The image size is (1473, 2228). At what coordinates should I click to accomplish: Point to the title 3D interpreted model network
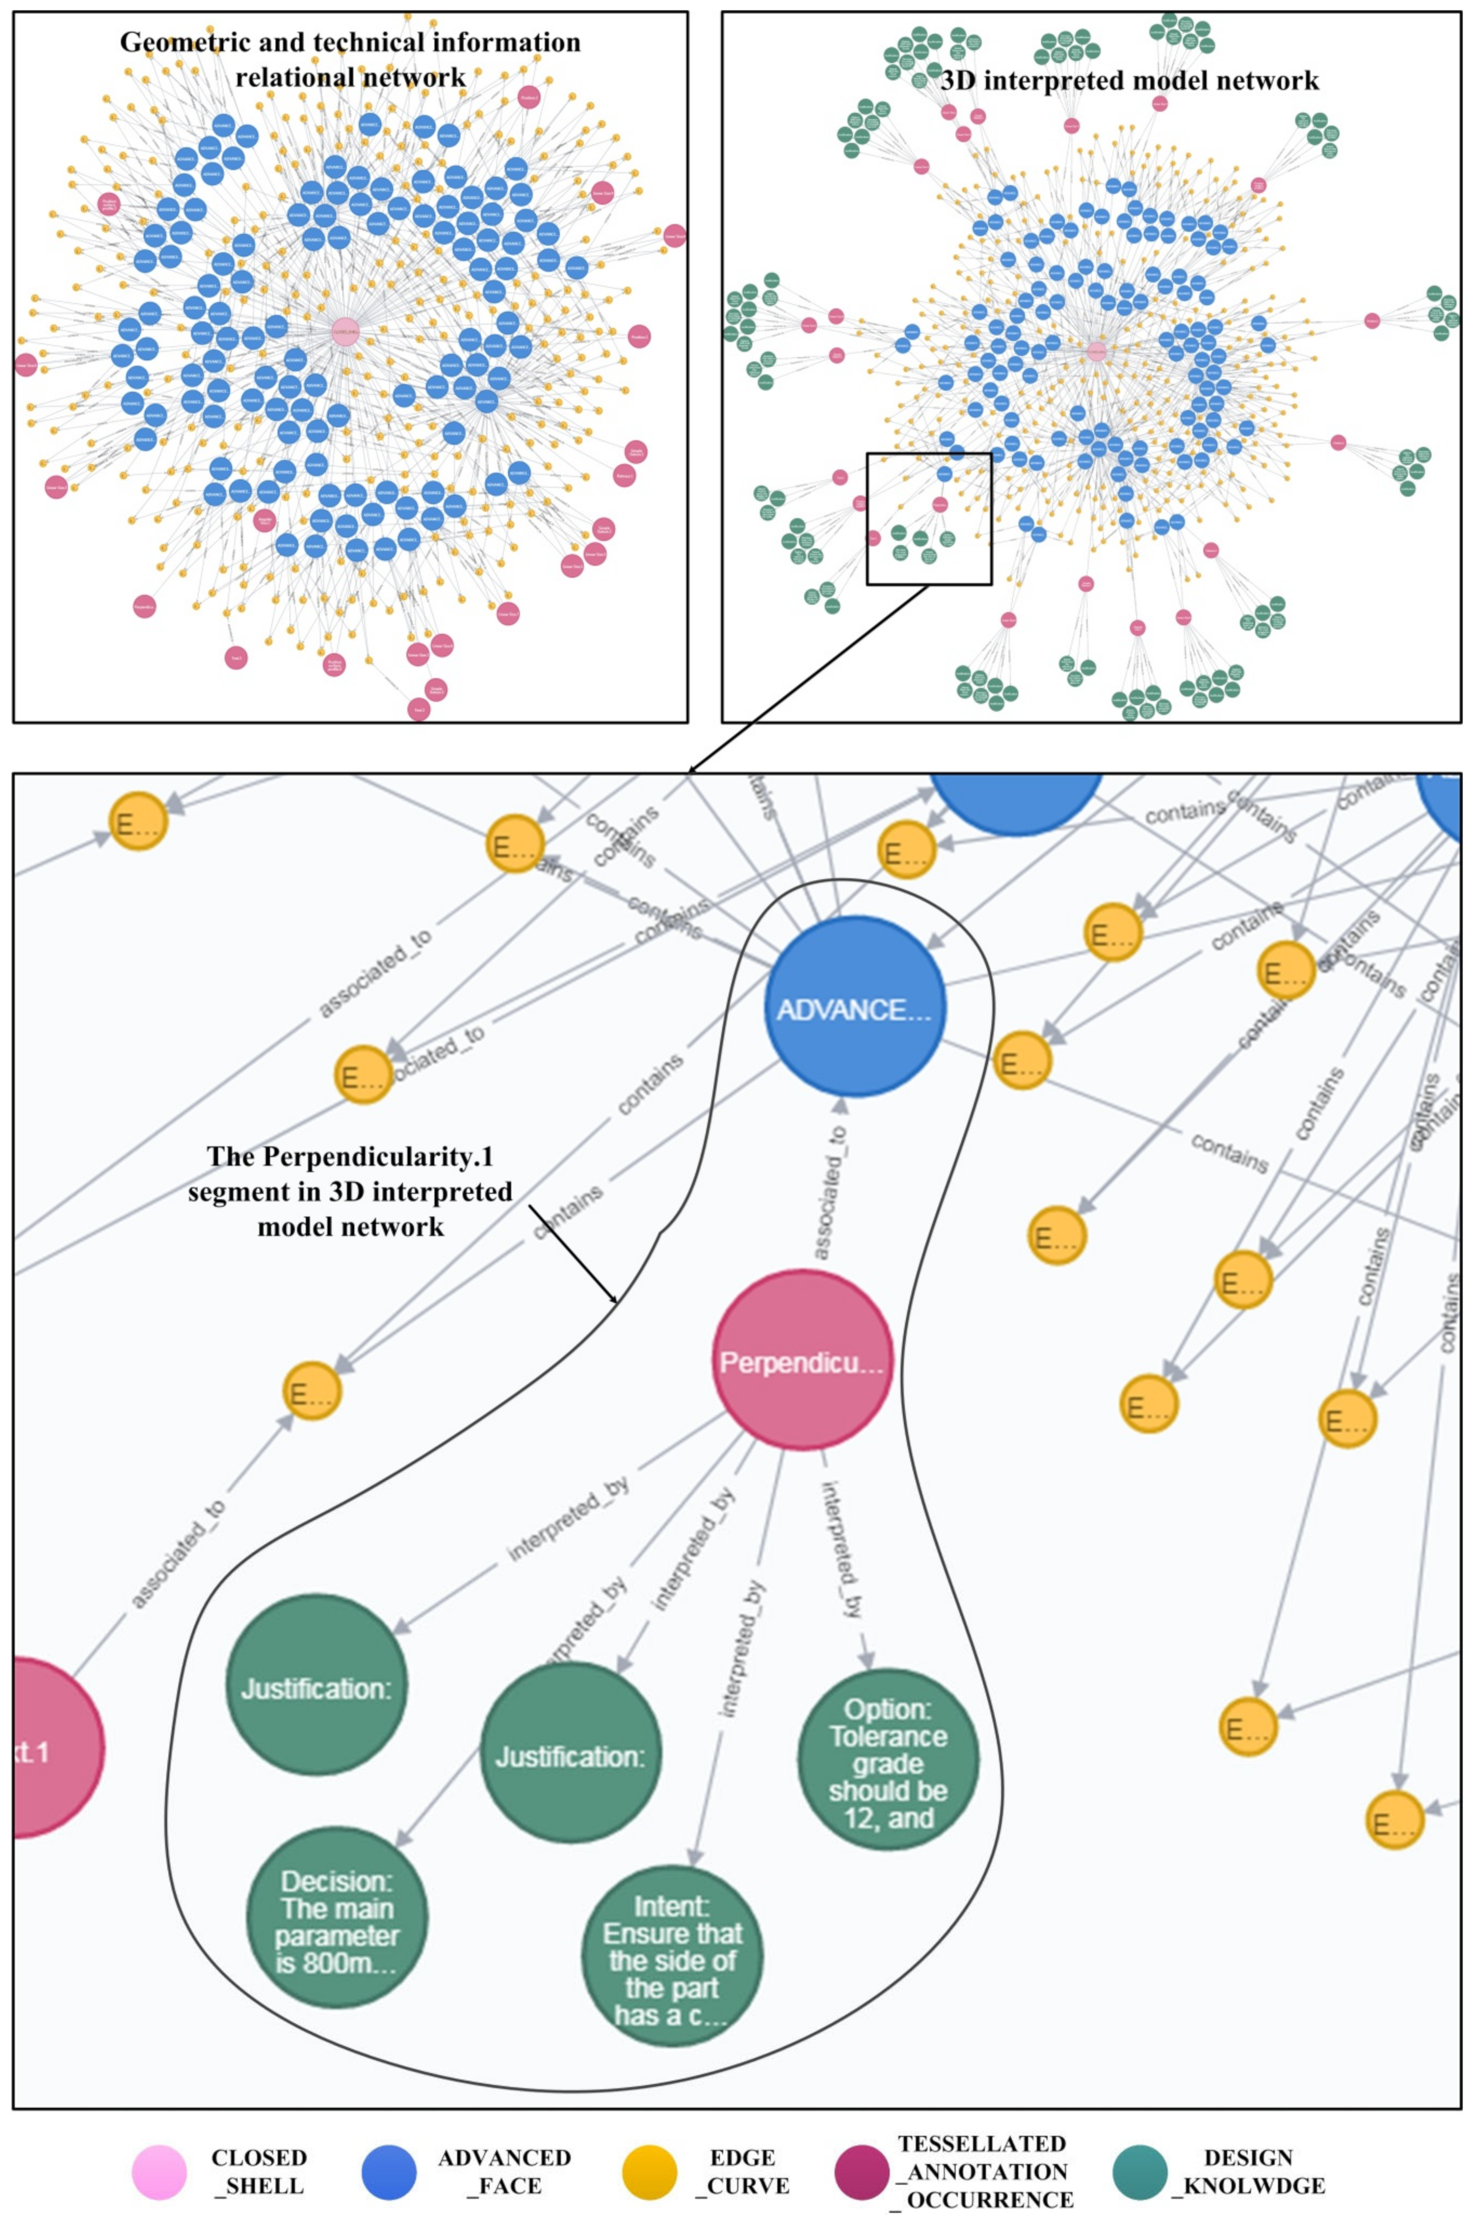(x=1129, y=81)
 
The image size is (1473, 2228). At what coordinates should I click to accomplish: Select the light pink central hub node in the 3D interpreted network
(x=1095, y=350)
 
